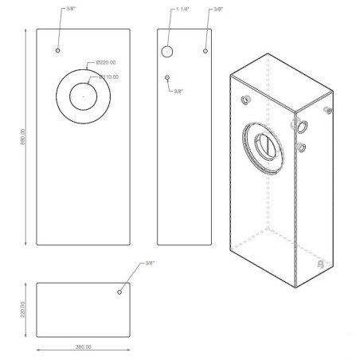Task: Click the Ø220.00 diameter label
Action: point(106,62)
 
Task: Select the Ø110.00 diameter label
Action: point(109,76)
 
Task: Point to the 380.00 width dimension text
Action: point(83,347)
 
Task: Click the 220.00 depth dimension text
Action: point(24,308)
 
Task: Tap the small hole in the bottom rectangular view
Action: point(119,292)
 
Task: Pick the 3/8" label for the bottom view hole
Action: point(150,264)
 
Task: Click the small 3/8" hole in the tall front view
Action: point(58,50)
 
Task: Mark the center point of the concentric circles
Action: point(83,96)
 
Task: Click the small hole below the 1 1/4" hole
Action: point(167,77)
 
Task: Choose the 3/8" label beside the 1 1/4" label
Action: point(217,10)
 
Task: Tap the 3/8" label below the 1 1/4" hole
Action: point(179,91)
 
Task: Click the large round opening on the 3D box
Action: point(263,147)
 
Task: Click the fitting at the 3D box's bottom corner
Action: point(319,262)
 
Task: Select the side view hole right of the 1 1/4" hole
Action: point(205,51)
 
